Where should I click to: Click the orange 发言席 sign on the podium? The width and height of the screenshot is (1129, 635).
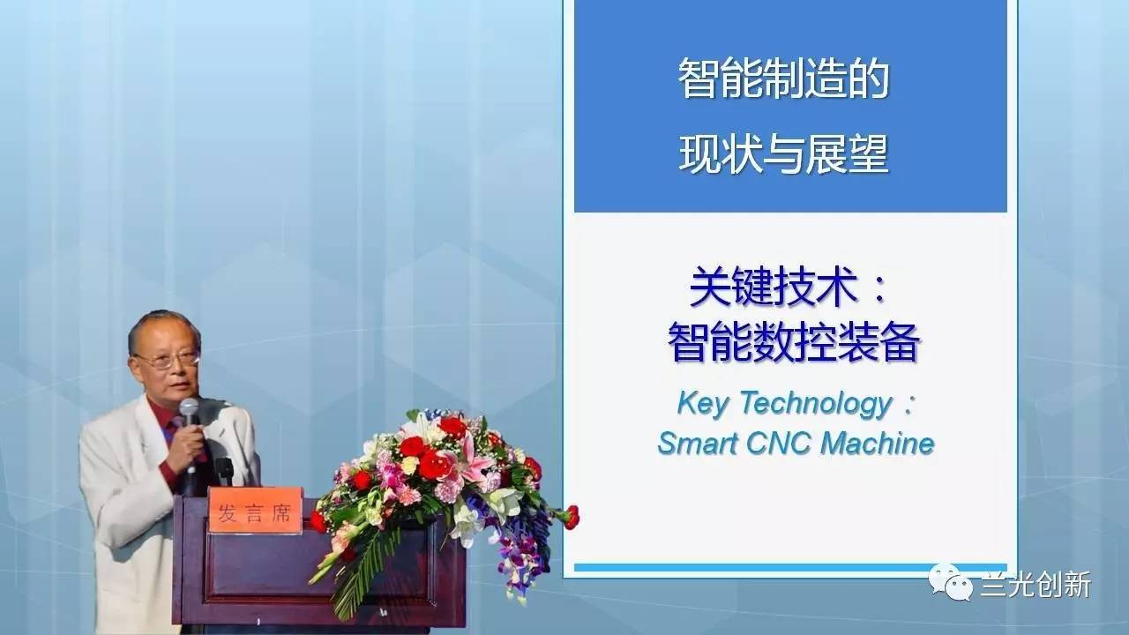(255, 510)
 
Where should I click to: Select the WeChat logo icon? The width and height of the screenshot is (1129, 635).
(951, 582)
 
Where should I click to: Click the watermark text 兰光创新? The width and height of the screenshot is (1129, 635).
(1036, 585)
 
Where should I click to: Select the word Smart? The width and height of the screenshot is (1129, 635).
(698, 444)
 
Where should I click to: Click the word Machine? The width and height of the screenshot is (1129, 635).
(877, 444)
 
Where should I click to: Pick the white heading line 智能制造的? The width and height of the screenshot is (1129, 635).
(783, 78)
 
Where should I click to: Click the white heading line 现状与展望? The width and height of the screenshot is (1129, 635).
(783, 154)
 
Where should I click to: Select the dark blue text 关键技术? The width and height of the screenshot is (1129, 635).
(773, 288)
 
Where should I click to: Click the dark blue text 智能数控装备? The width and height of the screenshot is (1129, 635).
(794, 343)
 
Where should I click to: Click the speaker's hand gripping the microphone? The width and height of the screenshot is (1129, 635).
(190, 444)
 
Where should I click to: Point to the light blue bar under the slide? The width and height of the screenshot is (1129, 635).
(790, 567)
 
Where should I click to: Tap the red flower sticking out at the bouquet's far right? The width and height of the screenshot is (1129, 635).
(571, 517)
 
